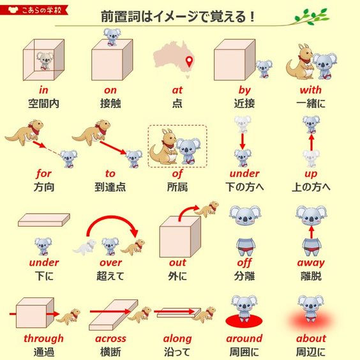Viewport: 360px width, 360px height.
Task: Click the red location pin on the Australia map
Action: (189, 61)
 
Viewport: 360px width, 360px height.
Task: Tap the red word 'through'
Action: (43, 339)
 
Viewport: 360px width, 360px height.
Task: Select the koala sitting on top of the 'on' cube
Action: (112, 37)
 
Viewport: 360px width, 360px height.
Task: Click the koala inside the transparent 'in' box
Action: (45, 61)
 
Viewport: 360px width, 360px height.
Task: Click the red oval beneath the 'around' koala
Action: (244, 320)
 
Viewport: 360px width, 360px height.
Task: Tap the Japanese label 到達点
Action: (110, 187)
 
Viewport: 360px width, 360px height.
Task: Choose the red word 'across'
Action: (110, 339)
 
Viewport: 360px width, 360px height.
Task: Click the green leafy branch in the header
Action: (311, 17)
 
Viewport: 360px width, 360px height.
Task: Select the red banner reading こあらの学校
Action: (34, 10)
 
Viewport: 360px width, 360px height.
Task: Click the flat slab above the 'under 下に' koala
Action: (44, 220)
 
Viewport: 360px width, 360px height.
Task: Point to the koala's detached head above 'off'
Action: (245, 215)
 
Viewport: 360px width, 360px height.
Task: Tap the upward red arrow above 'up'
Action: (311, 142)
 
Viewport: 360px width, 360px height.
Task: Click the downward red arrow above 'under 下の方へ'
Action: (243, 141)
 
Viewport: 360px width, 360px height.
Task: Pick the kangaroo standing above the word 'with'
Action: (299, 62)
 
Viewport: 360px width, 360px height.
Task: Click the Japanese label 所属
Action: (177, 187)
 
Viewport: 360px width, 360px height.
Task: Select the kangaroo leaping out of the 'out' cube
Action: (207, 208)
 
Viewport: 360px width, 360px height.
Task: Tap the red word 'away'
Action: (311, 263)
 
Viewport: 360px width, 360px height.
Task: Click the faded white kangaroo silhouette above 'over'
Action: (84, 247)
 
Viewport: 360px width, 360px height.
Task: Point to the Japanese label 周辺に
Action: (311, 352)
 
